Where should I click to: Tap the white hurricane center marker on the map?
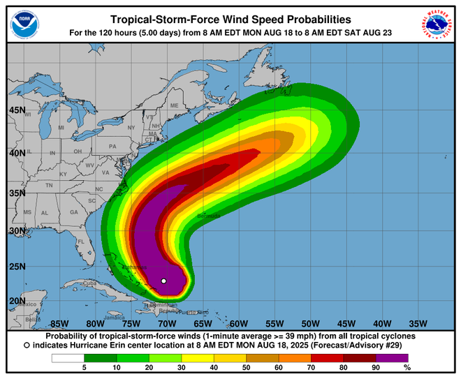[x=163, y=281]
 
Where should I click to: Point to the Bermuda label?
[x=209, y=216]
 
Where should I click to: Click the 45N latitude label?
[x=17, y=110]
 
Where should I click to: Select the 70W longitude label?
[x=166, y=323]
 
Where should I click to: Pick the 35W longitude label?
[x=418, y=323]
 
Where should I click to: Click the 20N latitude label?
[x=17, y=302]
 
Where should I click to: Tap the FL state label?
[x=81, y=242]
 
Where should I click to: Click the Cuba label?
[x=89, y=283]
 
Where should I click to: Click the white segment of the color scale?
[x=68, y=358]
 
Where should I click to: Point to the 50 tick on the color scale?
[x=246, y=368]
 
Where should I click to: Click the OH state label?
[x=78, y=151]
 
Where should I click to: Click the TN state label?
[x=49, y=186]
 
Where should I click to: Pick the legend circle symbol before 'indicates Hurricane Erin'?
[x=27, y=345]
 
